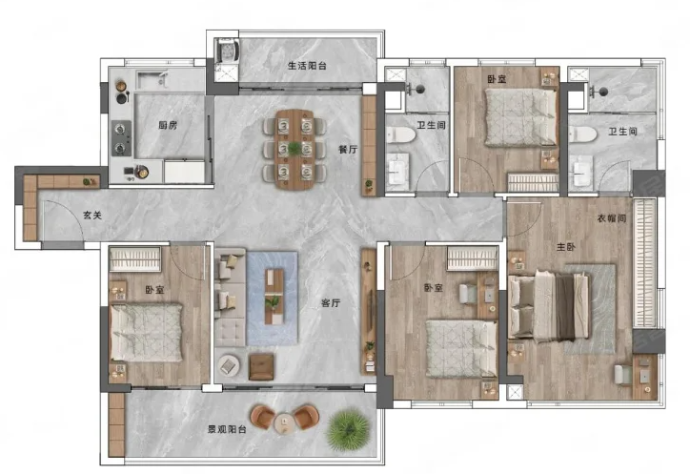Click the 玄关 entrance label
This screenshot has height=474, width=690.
(92, 215)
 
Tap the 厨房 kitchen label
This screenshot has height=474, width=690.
(168, 126)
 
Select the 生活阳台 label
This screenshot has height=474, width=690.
(307, 66)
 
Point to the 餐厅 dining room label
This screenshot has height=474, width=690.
(348, 150)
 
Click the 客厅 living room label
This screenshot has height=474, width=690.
(331, 302)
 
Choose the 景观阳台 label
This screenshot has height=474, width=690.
(227, 428)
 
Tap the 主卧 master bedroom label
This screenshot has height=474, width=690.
(565, 247)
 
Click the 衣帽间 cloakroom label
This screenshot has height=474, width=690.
(612, 218)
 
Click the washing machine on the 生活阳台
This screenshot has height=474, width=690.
(227, 50)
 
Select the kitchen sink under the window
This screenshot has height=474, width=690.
(152, 80)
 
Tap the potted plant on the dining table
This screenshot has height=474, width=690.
(294, 149)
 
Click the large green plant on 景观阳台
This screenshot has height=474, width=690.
(348, 429)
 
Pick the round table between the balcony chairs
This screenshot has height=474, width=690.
(284, 423)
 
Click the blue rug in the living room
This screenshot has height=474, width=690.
(273, 299)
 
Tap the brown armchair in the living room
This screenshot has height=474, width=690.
(261, 367)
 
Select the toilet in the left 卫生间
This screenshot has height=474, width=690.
(400, 134)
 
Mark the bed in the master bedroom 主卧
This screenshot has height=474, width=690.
(549, 306)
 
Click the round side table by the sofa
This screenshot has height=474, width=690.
(229, 365)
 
